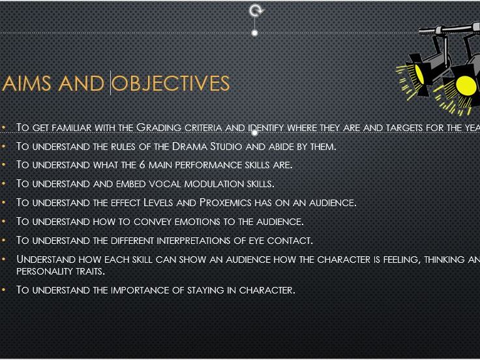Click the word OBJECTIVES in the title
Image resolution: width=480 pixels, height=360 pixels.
[x=171, y=83]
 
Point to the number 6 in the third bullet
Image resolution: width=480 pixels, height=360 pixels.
[x=142, y=164]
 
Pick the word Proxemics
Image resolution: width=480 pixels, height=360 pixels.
[x=227, y=202]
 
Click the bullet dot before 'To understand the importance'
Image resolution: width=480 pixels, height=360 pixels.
[x=5, y=290]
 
